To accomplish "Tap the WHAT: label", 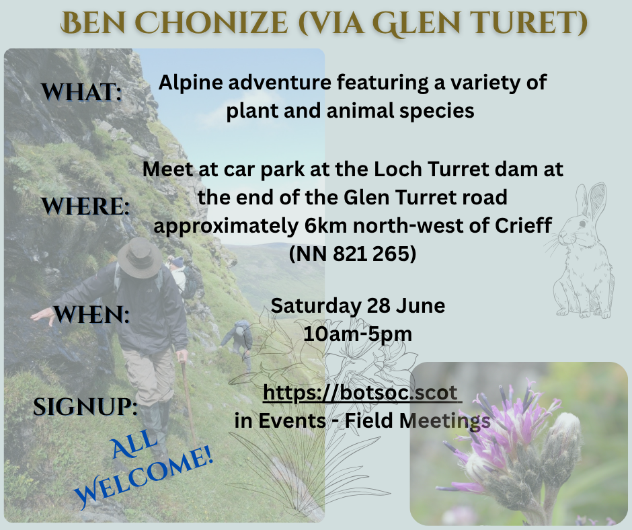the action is (81, 91).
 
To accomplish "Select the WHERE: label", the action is (85, 206).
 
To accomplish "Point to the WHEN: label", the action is (91, 315).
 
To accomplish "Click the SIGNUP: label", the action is (85, 406).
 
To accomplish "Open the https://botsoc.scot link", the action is (362, 393).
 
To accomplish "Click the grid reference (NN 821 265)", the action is (353, 254).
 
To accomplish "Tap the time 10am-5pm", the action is (358, 334).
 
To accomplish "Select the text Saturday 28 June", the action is (358, 306).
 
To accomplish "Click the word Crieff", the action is (523, 225).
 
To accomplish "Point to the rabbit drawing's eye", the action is (582, 223).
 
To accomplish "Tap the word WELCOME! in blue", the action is (144, 478).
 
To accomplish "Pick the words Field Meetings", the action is (418, 420).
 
